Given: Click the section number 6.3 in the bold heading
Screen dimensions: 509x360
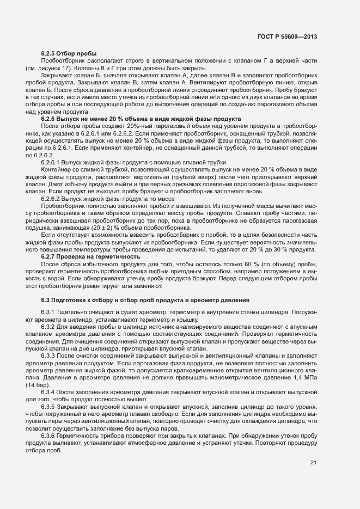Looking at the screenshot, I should [46, 300].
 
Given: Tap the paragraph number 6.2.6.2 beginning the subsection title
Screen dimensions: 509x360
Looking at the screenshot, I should [53, 200].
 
